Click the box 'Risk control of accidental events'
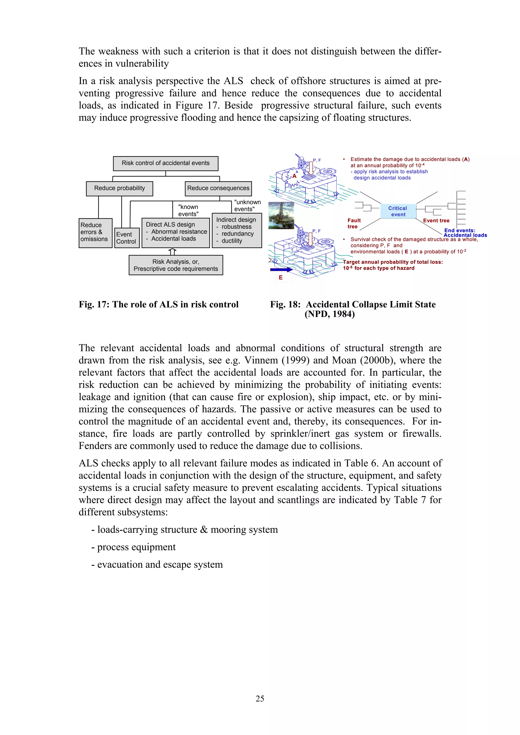tap(165, 163)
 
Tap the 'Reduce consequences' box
tap(218, 188)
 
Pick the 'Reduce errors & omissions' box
tap(95, 233)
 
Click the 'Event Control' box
tap(127, 238)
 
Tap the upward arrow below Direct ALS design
tap(172, 251)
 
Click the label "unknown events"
tap(247, 205)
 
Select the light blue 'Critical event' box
tap(398, 211)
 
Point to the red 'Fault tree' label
tap(354, 223)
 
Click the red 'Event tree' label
tap(436, 221)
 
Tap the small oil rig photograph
tap(281, 215)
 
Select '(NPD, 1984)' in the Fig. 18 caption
tap(329, 314)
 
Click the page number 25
tap(260, 698)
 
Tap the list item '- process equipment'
tap(133, 547)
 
